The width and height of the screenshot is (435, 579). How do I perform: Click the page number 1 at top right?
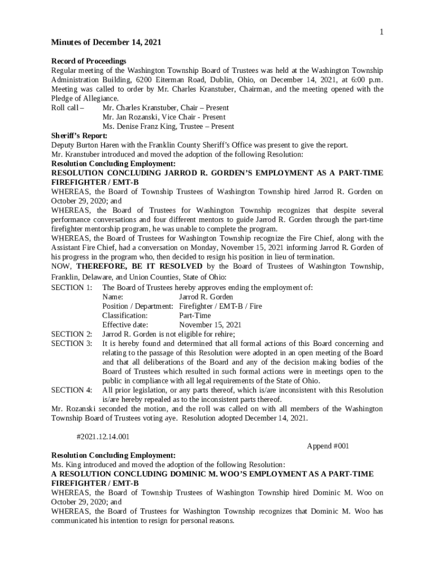(381, 32)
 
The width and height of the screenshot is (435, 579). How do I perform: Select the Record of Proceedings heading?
(89, 61)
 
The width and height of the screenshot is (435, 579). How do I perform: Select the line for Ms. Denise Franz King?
(168, 126)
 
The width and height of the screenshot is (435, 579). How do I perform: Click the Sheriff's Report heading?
(79, 136)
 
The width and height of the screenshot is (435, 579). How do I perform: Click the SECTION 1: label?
(72, 287)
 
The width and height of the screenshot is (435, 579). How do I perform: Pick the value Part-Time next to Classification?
(195, 316)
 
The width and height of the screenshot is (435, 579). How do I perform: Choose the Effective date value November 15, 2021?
(210, 325)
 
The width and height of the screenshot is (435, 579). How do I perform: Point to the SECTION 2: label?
(72, 334)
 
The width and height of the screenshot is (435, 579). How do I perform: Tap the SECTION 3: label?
(72, 343)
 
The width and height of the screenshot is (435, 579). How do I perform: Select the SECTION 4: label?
(72, 390)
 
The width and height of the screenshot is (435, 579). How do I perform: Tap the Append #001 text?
(328, 446)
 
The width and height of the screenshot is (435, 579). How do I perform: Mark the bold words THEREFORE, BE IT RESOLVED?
(139, 266)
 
